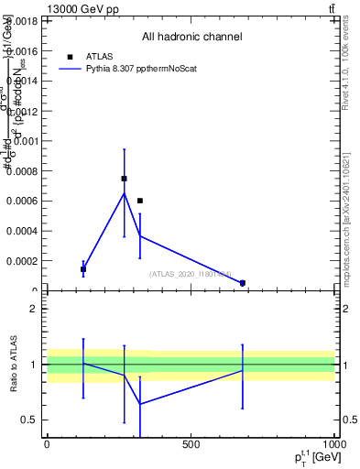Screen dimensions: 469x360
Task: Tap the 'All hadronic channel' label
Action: click(x=191, y=38)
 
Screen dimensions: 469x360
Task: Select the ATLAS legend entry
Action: click(x=100, y=56)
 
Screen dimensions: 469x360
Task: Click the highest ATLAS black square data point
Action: click(x=124, y=179)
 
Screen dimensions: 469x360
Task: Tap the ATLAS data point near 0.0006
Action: click(x=140, y=201)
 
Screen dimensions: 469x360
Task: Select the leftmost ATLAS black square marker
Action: click(x=83, y=269)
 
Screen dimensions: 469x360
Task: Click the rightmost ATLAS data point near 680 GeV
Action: click(x=243, y=283)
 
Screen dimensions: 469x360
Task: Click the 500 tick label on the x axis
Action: click(x=191, y=444)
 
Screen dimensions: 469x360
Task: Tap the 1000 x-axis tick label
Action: click(x=333, y=444)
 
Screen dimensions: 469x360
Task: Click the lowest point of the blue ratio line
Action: click(x=140, y=404)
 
